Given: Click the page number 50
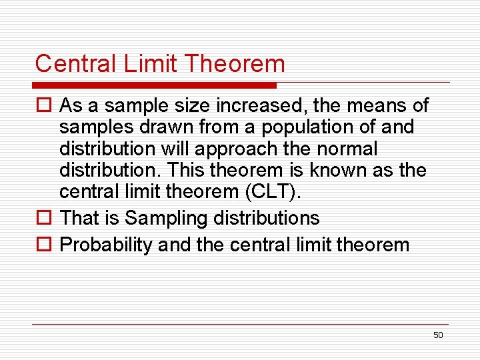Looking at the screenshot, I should (x=438, y=335).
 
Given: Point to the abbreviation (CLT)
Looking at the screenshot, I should (x=273, y=193).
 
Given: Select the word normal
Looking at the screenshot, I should (x=348, y=148).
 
